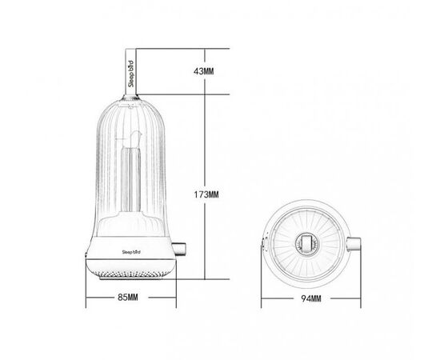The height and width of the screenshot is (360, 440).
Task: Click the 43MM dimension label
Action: coord(203,71)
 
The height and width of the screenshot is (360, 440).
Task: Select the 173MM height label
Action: coord(206,194)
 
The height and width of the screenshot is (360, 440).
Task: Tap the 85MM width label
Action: coord(128,297)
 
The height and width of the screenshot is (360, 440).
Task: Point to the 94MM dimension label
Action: coord(311,298)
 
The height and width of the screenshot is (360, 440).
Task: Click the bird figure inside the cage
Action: coord(135,139)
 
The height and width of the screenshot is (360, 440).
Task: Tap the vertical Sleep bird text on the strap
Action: coord(130,74)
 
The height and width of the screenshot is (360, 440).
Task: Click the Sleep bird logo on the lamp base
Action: coord(131,252)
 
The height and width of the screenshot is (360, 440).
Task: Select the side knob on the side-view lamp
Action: coord(181,249)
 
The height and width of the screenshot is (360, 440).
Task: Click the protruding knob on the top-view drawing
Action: coord(354,244)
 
